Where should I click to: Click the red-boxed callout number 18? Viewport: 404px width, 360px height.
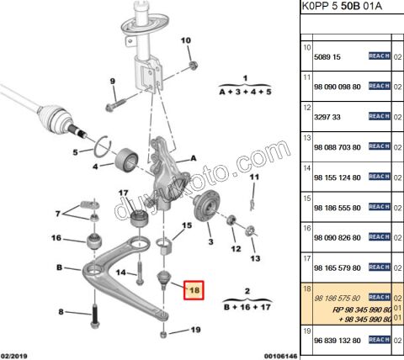194,291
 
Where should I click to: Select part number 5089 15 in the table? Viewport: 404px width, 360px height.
329,57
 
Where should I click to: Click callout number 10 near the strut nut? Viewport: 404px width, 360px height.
186,40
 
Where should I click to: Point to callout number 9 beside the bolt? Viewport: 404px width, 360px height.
111,81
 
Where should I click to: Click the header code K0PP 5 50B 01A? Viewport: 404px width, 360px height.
338,8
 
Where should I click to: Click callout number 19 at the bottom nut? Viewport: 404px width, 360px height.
195,330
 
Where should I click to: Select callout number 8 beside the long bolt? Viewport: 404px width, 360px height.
60,313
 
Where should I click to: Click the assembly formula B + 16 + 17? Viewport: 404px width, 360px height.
247,306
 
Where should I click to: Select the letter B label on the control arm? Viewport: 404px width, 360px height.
60,268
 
